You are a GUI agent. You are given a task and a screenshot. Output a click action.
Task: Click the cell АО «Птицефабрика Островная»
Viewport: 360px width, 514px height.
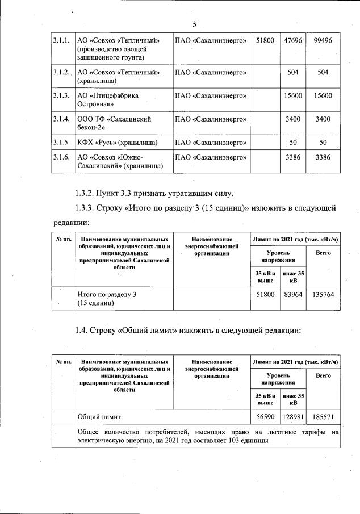[108, 100]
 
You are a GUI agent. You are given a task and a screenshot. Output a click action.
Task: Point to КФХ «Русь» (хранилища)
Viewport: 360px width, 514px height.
[117, 141]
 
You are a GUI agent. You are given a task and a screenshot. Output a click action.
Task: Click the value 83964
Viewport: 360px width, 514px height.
[294, 295]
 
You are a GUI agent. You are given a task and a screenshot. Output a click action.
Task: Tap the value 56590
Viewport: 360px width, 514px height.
[265, 417]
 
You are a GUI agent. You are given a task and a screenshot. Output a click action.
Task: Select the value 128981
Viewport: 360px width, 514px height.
[294, 417]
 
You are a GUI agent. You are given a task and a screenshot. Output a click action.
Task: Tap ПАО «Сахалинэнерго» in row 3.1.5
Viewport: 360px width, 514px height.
[211, 141]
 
